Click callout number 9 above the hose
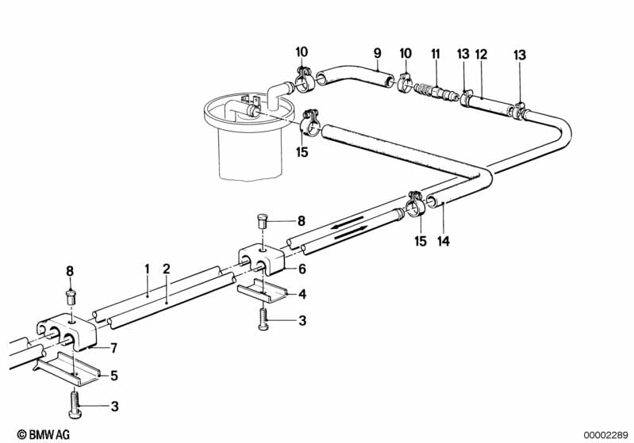(378, 53)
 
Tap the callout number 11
(435, 54)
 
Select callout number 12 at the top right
(480, 54)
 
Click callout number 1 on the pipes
(147, 269)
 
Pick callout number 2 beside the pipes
(166, 269)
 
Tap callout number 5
(115, 375)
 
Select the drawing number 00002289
(605, 433)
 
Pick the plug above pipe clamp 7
(70, 297)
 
